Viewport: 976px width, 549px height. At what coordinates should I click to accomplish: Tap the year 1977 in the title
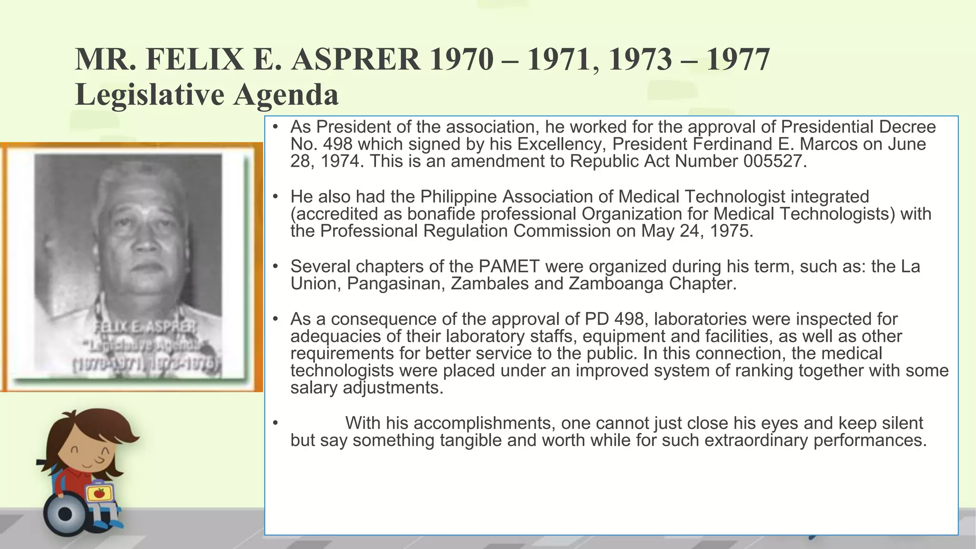[737, 60]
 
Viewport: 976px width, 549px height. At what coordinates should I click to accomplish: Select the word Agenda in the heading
[286, 94]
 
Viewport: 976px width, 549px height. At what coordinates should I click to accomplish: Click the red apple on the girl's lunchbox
[99, 493]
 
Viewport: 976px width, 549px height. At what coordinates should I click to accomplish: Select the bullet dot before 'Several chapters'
[275, 266]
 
